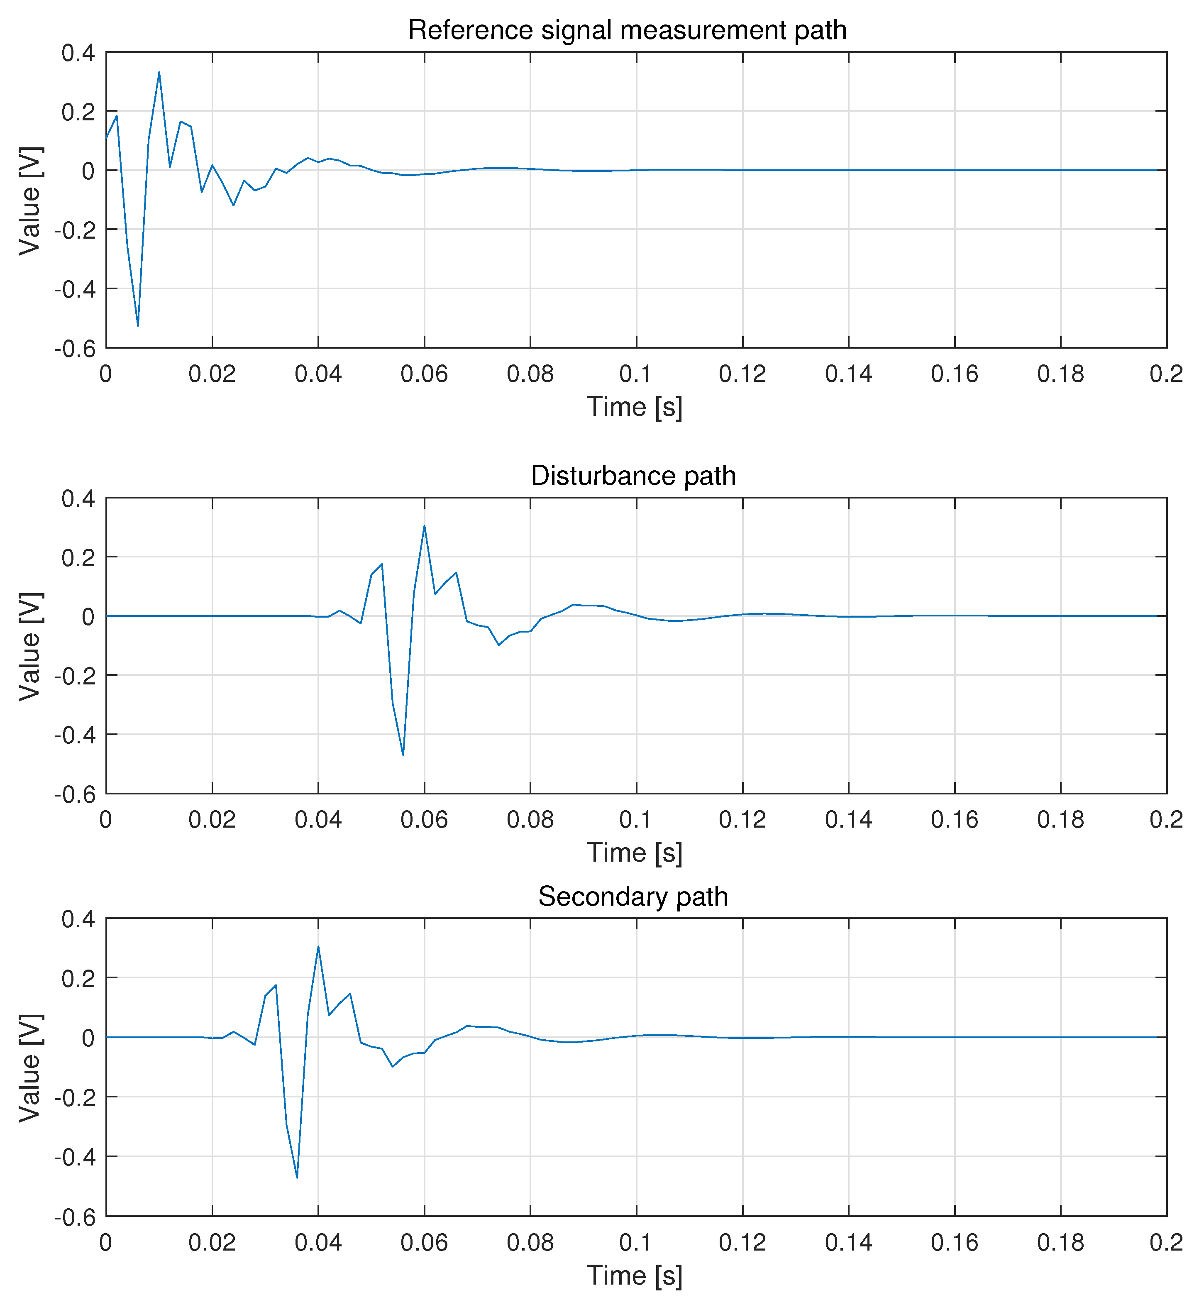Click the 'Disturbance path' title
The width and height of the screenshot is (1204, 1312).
point(633,476)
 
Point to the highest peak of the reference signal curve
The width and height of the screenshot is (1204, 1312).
point(159,72)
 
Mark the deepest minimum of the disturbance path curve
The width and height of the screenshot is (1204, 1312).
point(403,755)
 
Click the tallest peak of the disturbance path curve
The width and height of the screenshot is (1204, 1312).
point(424,526)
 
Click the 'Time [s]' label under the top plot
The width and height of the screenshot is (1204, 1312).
point(635,407)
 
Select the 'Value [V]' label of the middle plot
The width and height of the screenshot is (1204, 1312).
point(30,647)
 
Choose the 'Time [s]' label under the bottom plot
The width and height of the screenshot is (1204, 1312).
point(635,1275)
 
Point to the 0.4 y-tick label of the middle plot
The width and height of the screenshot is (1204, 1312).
point(78,499)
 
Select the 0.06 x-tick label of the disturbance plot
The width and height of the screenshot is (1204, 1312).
point(424,819)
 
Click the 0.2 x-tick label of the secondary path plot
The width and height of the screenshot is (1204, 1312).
point(1166,1242)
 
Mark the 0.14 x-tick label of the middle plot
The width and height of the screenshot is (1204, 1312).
point(848,819)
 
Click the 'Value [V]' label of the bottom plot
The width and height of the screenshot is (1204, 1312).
point(30,1068)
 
